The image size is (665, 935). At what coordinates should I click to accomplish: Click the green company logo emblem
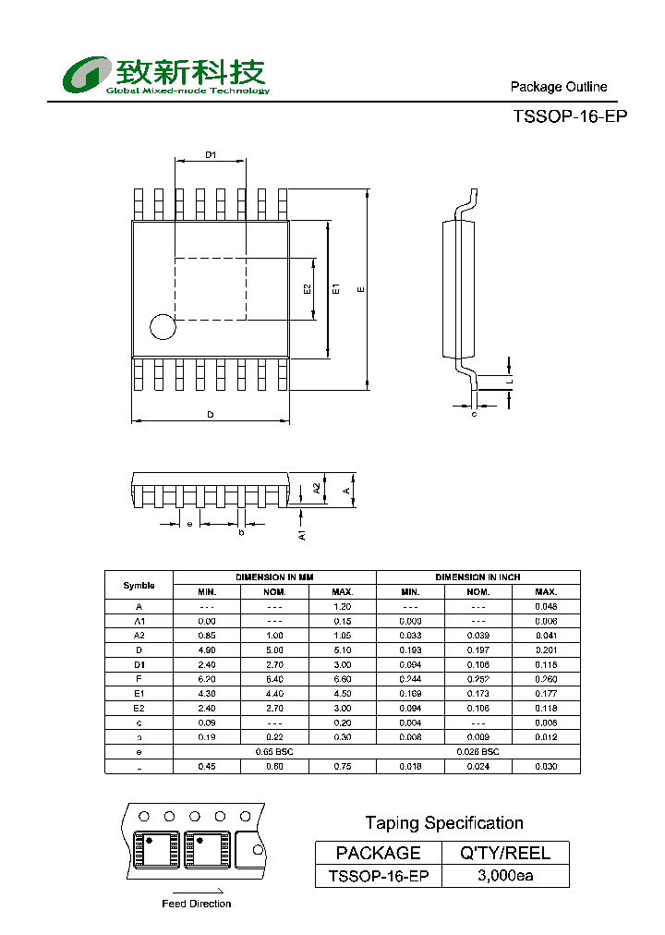pos(86,75)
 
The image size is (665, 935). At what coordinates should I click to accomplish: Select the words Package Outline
pos(559,87)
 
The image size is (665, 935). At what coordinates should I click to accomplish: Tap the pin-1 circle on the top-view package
pos(163,326)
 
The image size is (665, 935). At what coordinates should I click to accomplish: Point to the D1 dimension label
pos(211,155)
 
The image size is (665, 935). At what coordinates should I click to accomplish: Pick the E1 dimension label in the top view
pos(337,289)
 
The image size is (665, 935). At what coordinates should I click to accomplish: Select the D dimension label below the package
pos(211,415)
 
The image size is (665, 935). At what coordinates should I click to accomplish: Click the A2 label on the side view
pos(316,488)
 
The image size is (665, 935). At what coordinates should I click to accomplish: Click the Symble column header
pos(139,585)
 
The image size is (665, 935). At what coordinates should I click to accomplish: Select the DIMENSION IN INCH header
pos(478,577)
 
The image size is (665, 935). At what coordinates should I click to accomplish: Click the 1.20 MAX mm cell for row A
pos(343,607)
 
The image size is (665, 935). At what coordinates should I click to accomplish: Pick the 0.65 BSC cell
pos(274,752)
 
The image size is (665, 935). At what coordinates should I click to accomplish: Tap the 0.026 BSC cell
pos(478,752)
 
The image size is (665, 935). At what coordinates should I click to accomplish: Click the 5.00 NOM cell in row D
pos(274,650)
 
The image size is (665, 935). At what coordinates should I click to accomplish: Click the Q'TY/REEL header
pos(505,853)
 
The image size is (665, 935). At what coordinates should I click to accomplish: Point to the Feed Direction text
pos(196,904)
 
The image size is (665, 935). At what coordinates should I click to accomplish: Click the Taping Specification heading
pos(443,822)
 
